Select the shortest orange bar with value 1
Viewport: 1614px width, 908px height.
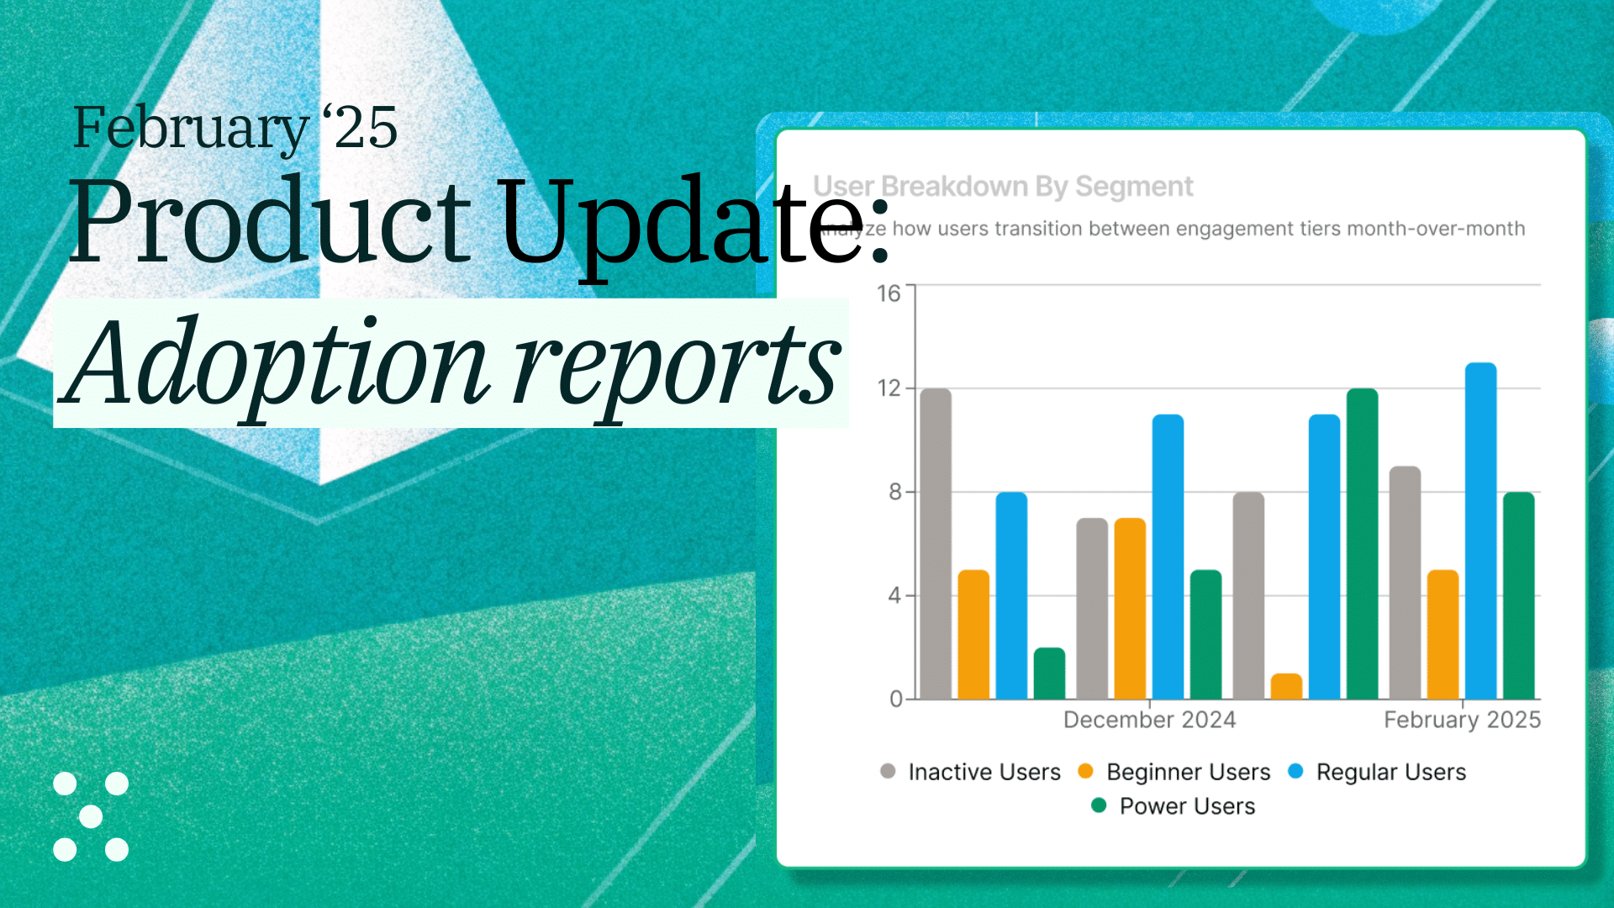(1286, 686)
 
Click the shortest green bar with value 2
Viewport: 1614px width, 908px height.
(1049, 673)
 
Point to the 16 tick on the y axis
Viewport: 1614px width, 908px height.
(889, 293)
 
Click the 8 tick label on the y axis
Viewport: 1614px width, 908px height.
(895, 492)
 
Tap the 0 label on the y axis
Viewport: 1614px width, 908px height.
(896, 699)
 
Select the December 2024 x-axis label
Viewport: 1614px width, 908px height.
(1149, 720)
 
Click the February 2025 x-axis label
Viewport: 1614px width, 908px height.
(1462, 720)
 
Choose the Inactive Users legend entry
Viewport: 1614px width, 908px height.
(984, 772)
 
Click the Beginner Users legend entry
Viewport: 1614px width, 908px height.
(1187, 772)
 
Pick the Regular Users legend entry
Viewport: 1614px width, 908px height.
(1390, 772)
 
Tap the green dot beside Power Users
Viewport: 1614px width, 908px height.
(1098, 805)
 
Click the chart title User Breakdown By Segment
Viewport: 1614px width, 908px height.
(1003, 186)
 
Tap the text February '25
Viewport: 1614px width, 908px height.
(235, 128)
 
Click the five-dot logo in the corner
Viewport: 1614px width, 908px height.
(91, 816)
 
